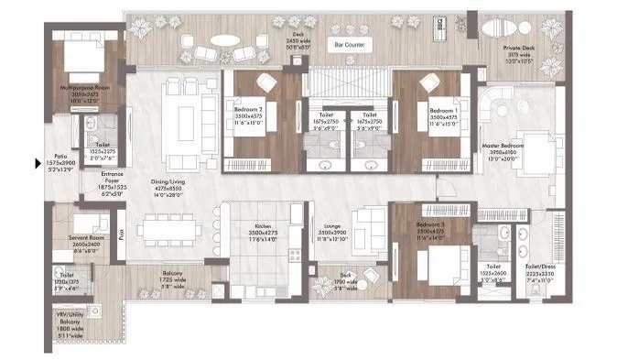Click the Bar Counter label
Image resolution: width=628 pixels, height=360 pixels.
[351, 43]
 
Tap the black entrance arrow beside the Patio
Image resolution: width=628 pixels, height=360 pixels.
[37, 164]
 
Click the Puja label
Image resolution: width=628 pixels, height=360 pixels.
[122, 236]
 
